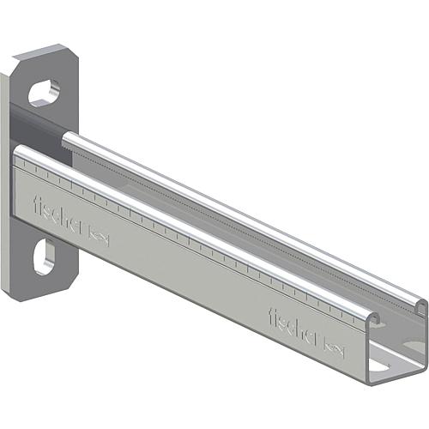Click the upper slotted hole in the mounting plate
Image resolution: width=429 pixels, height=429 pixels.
(x=44, y=93)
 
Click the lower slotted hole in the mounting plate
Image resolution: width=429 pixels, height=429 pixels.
(x=44, y=257)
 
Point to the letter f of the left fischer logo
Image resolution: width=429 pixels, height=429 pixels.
(x=37, y=204)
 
